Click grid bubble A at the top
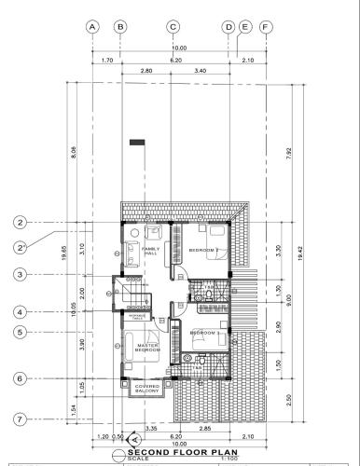click(92, 27)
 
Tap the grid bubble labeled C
click(173, 27)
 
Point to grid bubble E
click(244, 27)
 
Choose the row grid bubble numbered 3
click(19, 275)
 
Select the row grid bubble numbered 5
click(19, 331)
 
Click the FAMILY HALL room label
click(150, 252)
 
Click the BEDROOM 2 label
click(203, 251)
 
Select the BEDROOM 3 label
click(204, 333)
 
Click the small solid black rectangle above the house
click(138, 142)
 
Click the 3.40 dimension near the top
click(200, 71)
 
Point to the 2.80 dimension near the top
click(146, 71)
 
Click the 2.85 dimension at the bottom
click(203, 428)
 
